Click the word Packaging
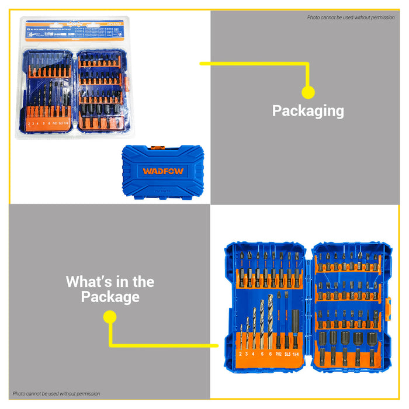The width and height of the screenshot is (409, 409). [x=308, y=110]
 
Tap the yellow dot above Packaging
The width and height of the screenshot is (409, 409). [x=308, y=92]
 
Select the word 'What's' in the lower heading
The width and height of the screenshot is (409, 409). [x=89, y=282]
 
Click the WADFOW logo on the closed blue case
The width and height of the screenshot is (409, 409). [x=162, y=172]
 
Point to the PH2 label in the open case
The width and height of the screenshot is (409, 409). [x=278, y=353]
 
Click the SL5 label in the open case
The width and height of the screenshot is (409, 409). [x=287, y=353]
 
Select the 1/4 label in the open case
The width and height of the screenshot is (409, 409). [x=296, y=353]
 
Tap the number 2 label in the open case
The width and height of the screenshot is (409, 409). [x=240, y=354]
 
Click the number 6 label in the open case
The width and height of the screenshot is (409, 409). [x=270, y=354]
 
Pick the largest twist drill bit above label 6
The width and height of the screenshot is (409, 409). [x=270, y=316]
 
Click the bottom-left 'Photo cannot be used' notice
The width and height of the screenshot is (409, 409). [x=56, y=394]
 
